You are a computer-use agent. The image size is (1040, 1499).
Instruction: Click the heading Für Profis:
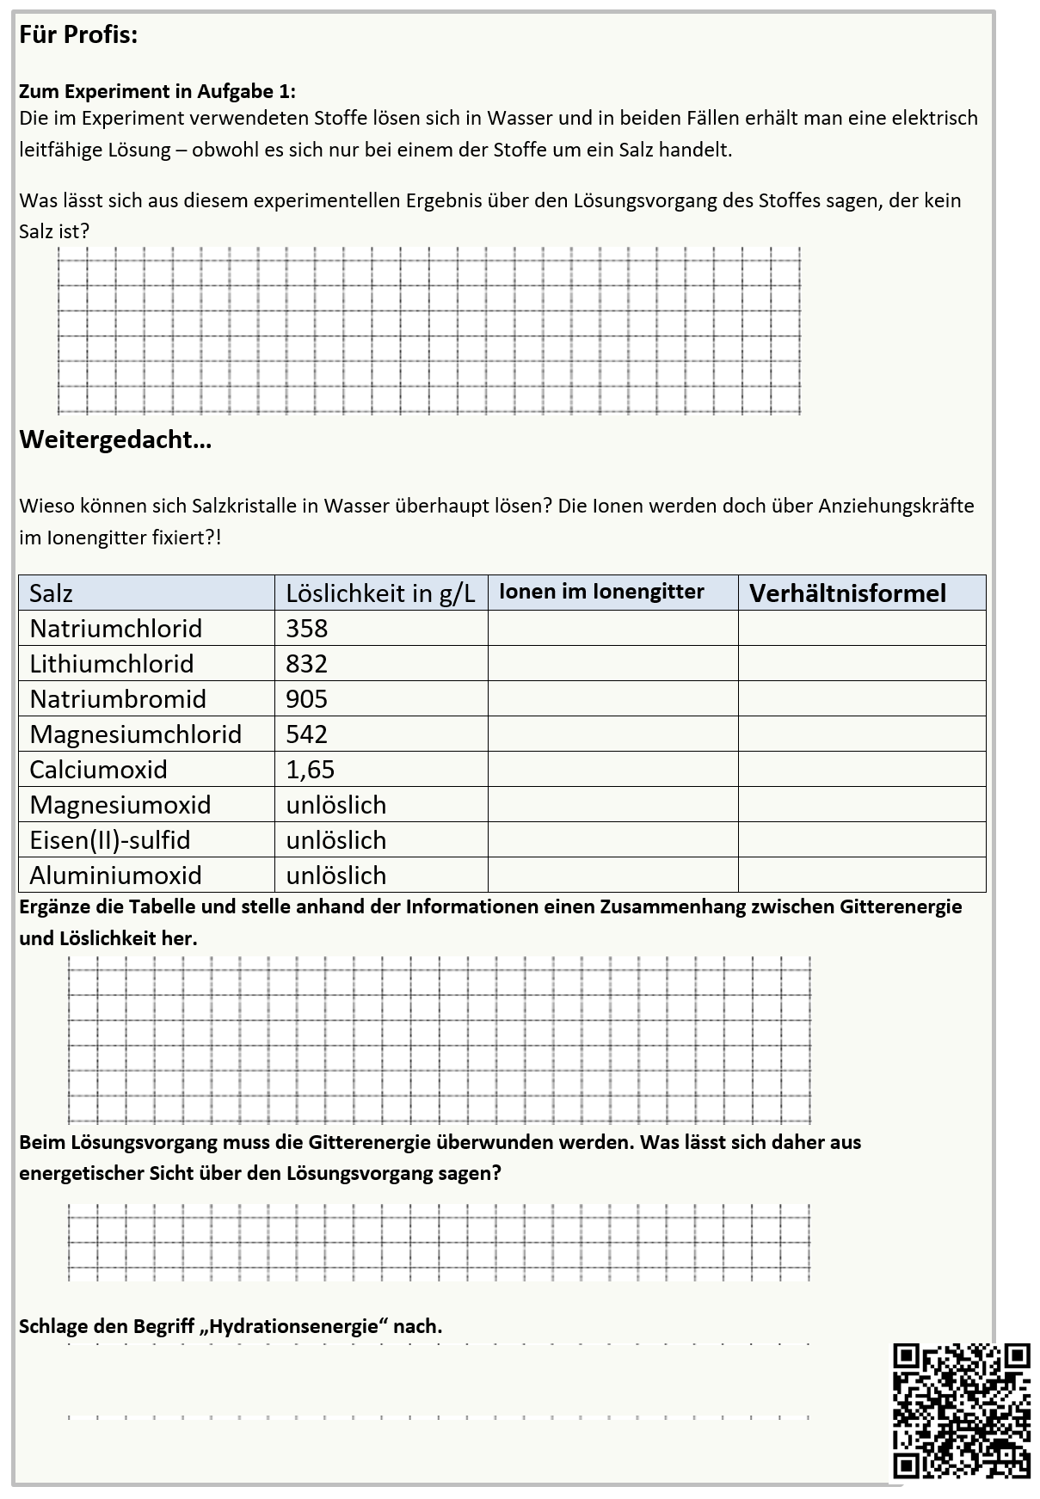[78, 35]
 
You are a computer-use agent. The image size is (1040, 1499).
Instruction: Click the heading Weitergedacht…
[115, 439]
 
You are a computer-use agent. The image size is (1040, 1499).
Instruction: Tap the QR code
[961, 1410]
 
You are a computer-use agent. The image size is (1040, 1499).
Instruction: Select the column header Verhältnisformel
[847, 593]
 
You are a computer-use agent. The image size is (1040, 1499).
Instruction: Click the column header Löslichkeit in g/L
[380, 593]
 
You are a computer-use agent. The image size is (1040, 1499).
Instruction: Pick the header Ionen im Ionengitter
[601, 592]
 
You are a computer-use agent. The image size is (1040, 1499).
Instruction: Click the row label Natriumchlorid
[115, 629]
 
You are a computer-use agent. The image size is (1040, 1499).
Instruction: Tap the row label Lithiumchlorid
[111, 664]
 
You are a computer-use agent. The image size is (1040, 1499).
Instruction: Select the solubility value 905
[306, 699]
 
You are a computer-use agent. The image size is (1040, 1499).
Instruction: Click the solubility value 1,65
[310, 770]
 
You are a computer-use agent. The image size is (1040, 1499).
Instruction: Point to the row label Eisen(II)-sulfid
[109, 840]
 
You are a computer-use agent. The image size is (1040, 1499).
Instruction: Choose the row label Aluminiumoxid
[115, 875]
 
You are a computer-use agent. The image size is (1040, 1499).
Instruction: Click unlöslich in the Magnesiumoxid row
[335, 805]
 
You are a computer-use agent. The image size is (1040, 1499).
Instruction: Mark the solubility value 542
[306, 734]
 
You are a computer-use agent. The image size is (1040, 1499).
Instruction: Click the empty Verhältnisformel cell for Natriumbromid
[861, 699]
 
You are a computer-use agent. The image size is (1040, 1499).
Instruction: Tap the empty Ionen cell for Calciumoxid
[612, 770]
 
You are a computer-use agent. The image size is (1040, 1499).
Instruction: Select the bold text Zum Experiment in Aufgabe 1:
[157, 91]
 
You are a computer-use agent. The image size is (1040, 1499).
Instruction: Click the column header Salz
[51, 593]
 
